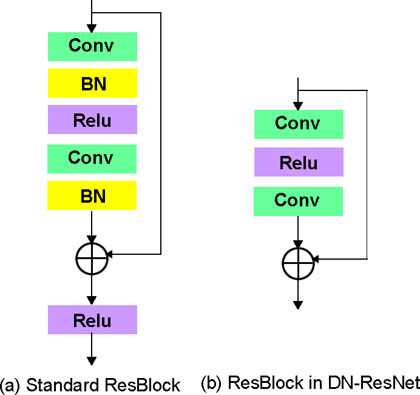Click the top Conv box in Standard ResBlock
point(92,47)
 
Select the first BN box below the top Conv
point(92,83)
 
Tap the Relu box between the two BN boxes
point(92,120)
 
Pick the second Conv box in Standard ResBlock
point(92,159)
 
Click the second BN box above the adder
point(92,196)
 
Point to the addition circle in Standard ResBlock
point(92,258)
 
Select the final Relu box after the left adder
point(92,320)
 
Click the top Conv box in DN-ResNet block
point(298,124)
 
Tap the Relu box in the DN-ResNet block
point(298,162)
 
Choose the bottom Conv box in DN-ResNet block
point(298,201)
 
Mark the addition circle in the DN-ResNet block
point(298,263)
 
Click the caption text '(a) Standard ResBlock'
point(90,385)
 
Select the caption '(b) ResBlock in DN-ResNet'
point(310,383)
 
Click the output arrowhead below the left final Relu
point(92,360)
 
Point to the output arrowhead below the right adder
point(298,305)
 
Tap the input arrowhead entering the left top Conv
point(92,28)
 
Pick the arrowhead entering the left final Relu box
point(92,300)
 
